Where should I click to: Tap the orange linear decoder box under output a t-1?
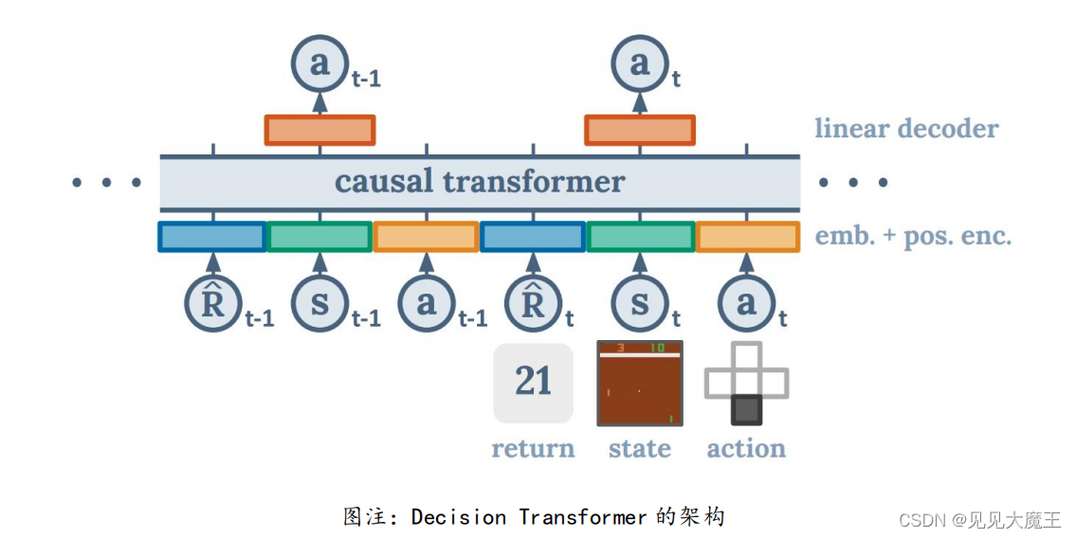(319, 130)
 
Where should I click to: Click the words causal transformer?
(480, 181)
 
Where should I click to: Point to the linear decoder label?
(906, 129)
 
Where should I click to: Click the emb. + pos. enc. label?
(913, 236)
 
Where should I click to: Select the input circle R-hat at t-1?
(213, 303)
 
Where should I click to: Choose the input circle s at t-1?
(319, 303)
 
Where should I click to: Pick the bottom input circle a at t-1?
(427, 303)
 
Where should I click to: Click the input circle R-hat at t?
(533, 303)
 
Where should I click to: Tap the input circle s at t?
(640, 303)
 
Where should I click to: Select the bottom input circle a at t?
(747, 303)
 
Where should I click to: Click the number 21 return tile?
(533, 383)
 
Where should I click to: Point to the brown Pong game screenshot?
(640, 383)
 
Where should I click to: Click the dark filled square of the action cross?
(747, 409)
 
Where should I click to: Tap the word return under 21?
(533, 448)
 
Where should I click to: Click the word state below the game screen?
(640, 448)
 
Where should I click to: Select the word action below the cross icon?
(747, 448)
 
